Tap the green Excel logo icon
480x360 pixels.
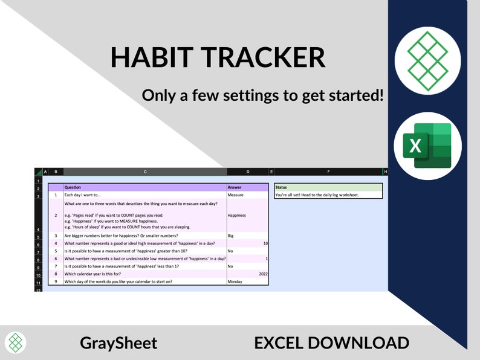pos(427,146)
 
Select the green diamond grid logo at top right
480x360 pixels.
pos(427,61)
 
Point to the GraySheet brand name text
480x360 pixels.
pos(118,343)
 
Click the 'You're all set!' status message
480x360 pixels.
pos(316,195)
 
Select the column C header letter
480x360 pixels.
pos(145,172)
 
